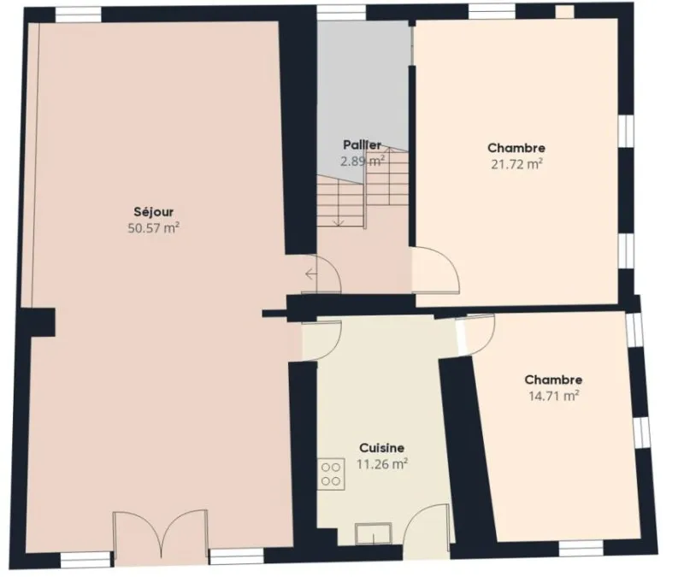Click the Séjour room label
coord(154,212)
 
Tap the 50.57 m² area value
coord(154,228)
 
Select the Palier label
coord(362,144)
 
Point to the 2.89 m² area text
coord(362,161)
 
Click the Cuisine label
coord(381,448)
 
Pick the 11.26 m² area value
coord(382,464)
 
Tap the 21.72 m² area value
coord(516,164)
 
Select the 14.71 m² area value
coord(553,396)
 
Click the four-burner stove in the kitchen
coord(331,474)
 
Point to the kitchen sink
coord(374,533)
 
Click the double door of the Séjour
coord(161,537)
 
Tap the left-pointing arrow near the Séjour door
coord(311,274)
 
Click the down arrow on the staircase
coord(339,221)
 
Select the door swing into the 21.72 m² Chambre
coord(435,269)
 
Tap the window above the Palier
coord(341,13)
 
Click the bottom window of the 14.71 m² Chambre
coord(581,548)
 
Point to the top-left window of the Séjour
coord(79,15)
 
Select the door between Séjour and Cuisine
coord(321,341)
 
